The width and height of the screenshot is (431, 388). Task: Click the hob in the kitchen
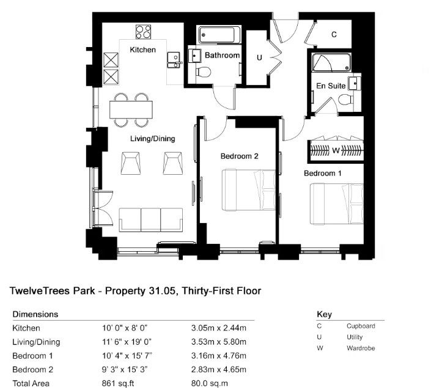tap(143, 32)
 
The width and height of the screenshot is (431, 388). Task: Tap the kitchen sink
tap(174, 60)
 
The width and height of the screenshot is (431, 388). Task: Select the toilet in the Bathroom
tap(203, 72)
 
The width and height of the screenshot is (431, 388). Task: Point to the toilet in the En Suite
tap(346, 100)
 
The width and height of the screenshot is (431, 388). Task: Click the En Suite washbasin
tap(355, 83)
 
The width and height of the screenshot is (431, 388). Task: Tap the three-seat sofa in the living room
tap(150, 220)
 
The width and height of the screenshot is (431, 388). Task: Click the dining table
tap(131, 109)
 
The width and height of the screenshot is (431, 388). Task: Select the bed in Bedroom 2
tap(248, 190)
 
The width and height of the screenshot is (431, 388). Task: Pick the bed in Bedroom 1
tap(337, 204)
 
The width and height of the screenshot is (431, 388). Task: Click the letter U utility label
tap(259, 57)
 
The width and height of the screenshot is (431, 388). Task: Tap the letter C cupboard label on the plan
tap(334, 34)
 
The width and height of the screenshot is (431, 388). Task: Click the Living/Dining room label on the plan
tap(153, 139)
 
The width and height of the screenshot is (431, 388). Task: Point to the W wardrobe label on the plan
tap(336, 150)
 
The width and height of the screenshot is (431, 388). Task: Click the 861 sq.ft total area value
tap(118, 383)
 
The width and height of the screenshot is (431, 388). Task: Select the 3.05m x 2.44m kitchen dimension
tap(218, 328)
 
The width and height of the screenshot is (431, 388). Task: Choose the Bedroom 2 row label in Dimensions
tap(33, 370)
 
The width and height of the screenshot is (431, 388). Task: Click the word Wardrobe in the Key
tap(361, 348)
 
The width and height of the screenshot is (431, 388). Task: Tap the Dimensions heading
tap(35, 314)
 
